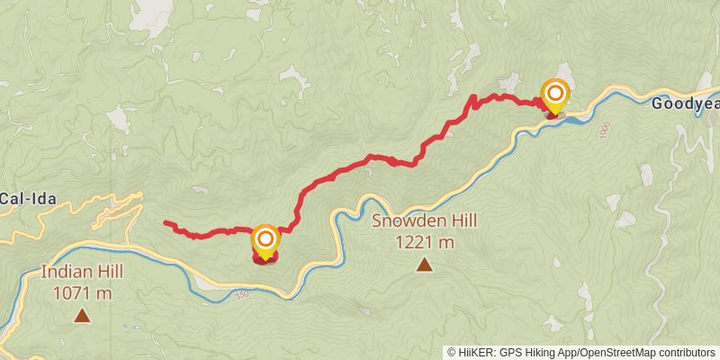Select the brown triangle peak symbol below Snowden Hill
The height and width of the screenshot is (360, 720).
click(x=423, y=265)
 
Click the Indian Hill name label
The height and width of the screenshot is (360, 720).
click(x=82, y=272)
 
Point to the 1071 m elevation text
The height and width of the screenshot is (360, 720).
click(x=82, y=292)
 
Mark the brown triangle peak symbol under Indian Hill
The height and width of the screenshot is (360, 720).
click(x=82, y=315)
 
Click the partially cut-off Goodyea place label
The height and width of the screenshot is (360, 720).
click(x=685, y=103)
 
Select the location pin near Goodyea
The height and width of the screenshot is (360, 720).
click(x=555, y=94)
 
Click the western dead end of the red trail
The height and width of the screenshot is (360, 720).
click(x=166, y=222)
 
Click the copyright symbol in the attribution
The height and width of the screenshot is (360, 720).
click(x=453, y=352)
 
